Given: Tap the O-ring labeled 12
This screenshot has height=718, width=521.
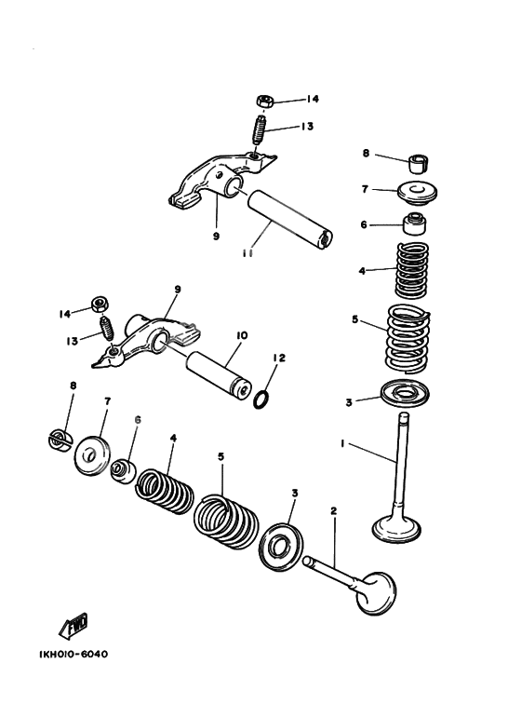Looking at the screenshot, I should [x=263, y=398].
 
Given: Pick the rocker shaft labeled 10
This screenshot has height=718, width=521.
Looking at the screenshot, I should [x=221, y=373].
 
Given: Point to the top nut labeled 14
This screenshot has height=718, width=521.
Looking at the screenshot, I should [x=263, y=100].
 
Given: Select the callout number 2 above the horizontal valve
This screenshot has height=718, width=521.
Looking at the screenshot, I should [x=333, y=510].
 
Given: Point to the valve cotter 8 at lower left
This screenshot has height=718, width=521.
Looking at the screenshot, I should [x=60, y=437].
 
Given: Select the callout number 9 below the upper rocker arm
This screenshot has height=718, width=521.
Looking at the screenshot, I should [x=216, y=237].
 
